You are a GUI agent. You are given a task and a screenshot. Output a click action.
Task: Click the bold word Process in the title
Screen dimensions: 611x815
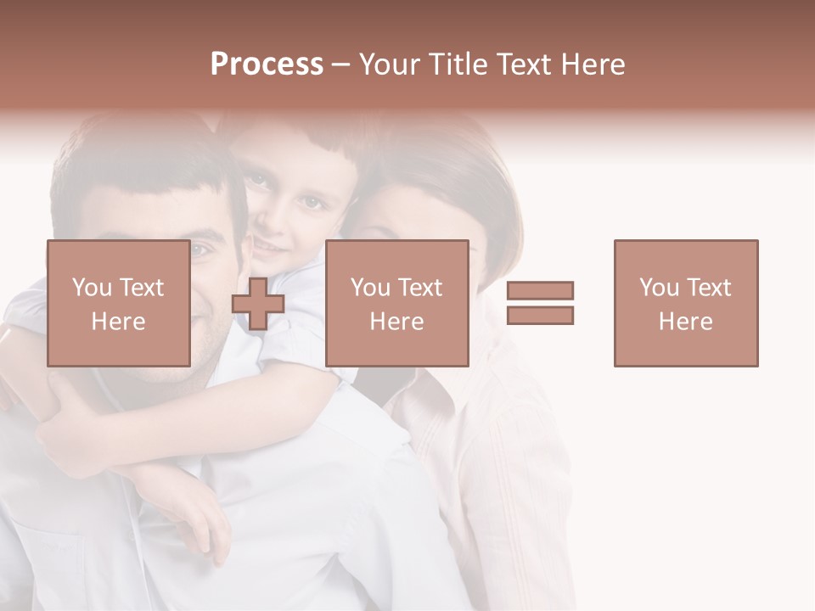pos(267,64)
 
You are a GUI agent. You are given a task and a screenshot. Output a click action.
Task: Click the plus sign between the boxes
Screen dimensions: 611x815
pos(258,303)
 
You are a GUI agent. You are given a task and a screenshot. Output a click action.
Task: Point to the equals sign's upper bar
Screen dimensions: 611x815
pos(540,291)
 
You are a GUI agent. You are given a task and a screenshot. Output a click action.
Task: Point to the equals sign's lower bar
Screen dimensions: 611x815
pos(540,315)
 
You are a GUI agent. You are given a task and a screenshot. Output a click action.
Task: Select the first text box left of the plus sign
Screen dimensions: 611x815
pos(118,303)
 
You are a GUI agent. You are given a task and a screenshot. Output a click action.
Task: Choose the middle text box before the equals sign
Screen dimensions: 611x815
pos(396,303)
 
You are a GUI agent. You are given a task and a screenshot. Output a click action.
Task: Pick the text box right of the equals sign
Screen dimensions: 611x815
pos(685,303)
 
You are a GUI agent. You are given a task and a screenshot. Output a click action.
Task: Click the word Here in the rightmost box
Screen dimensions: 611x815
pos(685,321)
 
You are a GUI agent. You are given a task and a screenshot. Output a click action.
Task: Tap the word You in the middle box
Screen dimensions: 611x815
pos(370,288)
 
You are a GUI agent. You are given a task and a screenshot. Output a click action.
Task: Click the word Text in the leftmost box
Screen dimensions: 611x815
pos(142,288)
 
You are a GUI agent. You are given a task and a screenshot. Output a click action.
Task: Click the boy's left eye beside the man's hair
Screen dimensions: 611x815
pos(257,181)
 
